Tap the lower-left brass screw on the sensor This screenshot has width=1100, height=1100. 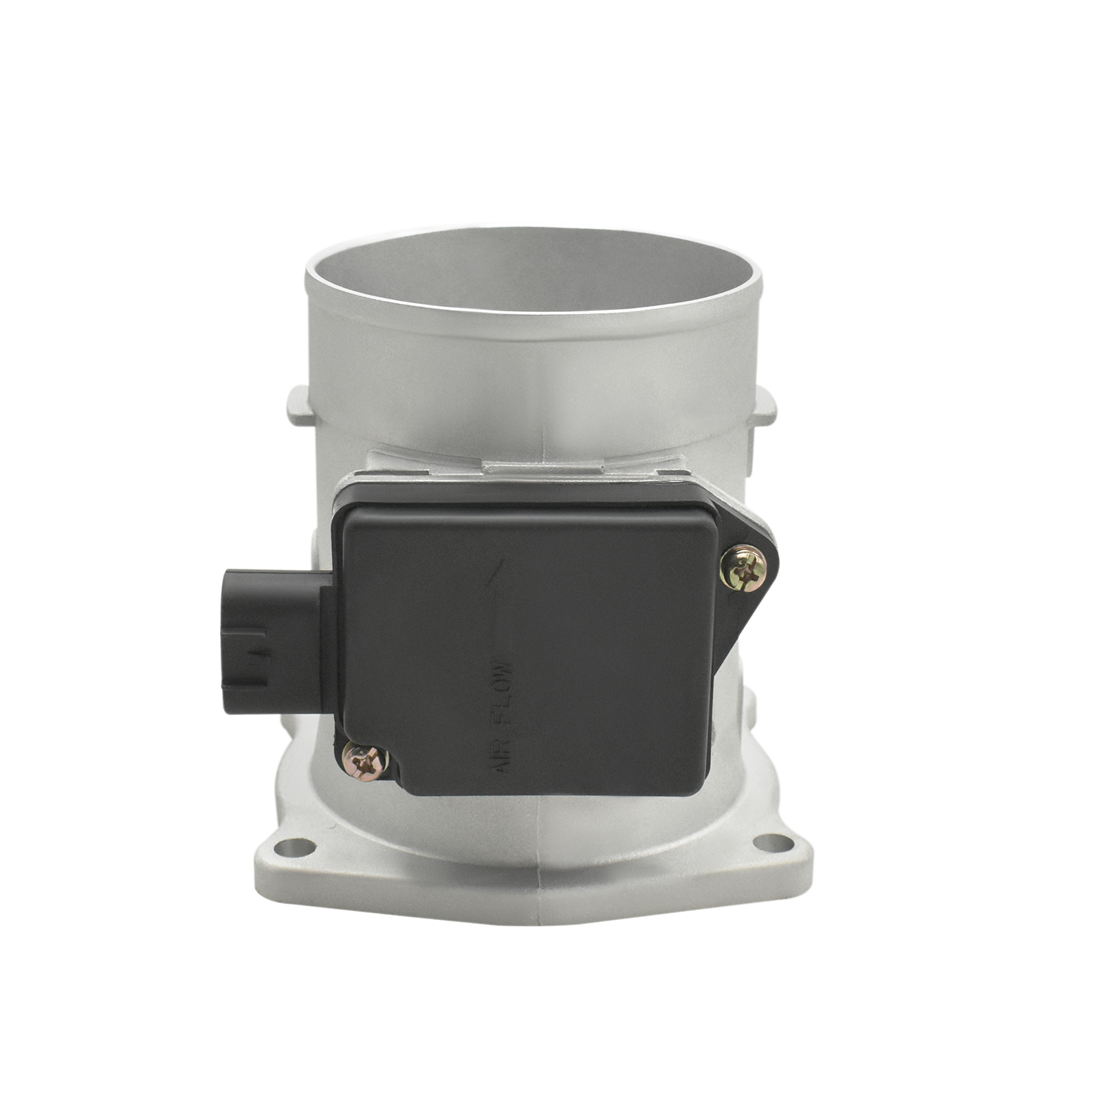(365, 761)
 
